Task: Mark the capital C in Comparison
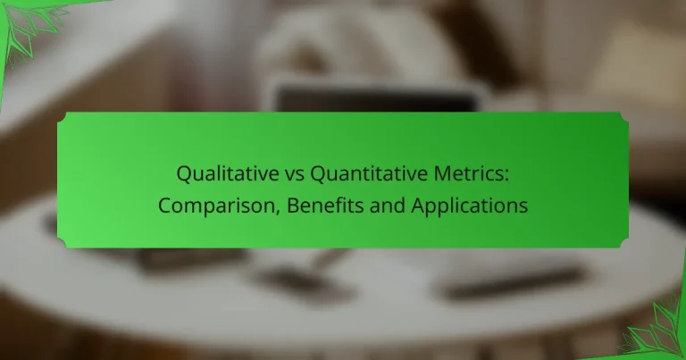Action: click(165, 205)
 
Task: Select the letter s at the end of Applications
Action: click(523, 205)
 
